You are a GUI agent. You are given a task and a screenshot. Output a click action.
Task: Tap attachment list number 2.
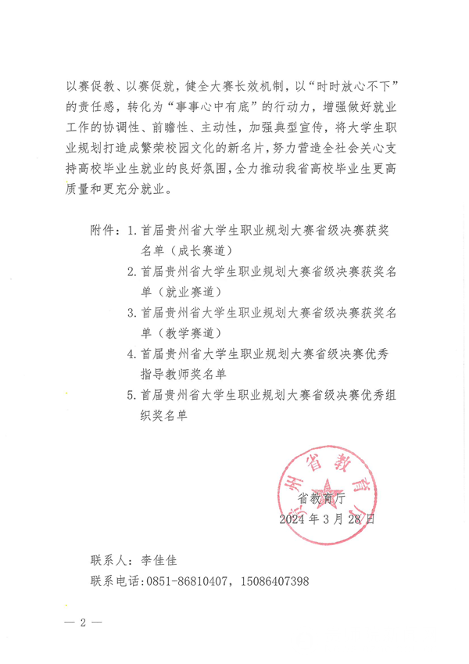point(132,271)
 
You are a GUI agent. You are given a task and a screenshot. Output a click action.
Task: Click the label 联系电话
point(115,581)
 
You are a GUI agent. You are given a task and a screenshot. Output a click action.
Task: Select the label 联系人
point(110,561)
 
